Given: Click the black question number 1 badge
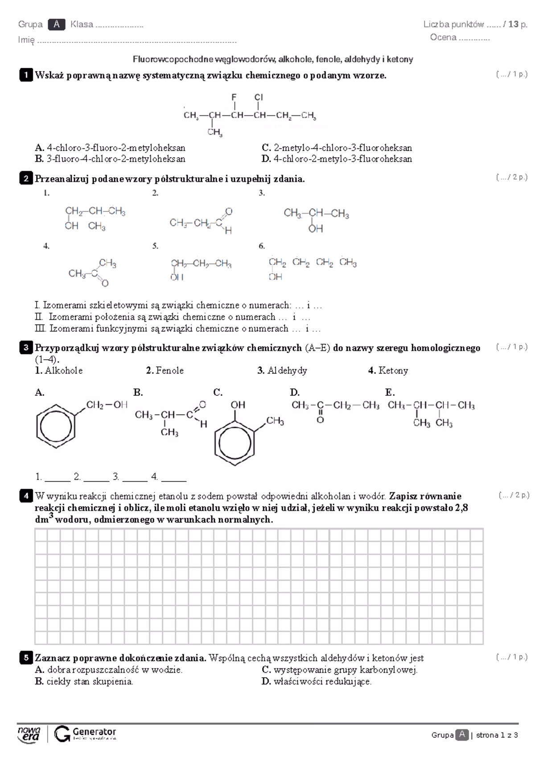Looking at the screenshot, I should pos(26,75).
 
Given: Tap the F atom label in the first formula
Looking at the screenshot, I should pos(234,97).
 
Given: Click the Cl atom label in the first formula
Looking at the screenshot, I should pos(259,97).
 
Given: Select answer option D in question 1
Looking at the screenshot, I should pos(266,159).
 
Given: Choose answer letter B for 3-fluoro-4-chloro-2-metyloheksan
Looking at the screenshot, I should pos(39,159).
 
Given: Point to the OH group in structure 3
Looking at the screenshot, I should pos(316,229).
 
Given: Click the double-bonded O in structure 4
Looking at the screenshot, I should pos(105,283).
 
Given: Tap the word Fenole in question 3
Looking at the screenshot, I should pos(169,370).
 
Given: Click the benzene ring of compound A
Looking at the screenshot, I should pos(56,427).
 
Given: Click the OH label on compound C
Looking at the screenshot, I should pos(238,405).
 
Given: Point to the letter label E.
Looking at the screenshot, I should pos(390,392).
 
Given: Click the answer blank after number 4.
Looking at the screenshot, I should pos(174,477).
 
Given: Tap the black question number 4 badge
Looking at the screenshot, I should pos(26,496).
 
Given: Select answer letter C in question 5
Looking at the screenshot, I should pos(266,670).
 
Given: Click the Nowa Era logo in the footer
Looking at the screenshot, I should pos(29,734).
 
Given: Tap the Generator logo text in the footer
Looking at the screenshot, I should pos(94,732).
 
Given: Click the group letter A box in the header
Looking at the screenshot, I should pos(57,25).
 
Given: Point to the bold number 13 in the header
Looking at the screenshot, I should pos(513,25).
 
